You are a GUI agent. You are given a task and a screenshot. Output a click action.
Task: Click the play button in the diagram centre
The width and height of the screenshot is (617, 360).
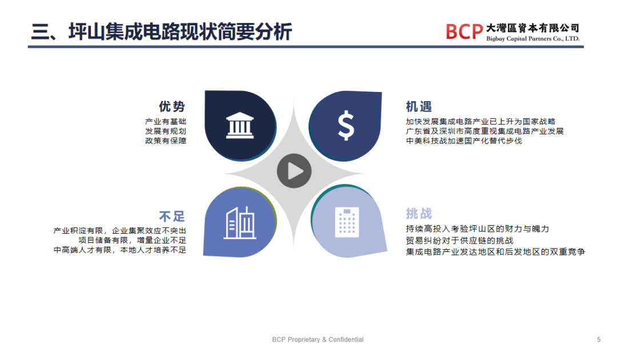tap(294, 171)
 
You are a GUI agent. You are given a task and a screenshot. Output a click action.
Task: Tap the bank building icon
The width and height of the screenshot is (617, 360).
tap(240, 125)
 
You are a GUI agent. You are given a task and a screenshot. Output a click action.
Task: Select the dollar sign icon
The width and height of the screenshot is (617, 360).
tap(346, 126)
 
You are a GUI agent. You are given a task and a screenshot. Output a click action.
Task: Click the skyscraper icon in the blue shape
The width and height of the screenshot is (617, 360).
tap(240, 222)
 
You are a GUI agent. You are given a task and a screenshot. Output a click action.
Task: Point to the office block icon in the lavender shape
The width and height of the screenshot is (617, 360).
tap(346, 222)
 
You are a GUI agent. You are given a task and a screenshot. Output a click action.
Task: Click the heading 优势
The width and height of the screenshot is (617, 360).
tap(172, 107)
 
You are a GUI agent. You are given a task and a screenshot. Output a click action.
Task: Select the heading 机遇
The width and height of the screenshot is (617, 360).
tap(419, 107)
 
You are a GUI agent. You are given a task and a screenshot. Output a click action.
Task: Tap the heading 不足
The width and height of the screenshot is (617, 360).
tap(172, 217)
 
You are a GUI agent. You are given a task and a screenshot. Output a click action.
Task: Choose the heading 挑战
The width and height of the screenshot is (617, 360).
tap(419, 214)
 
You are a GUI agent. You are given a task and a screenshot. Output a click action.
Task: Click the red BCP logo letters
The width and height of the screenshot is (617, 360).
tap(464, 31)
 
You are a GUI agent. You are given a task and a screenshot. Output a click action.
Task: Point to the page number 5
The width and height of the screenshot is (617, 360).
tap(599, 339)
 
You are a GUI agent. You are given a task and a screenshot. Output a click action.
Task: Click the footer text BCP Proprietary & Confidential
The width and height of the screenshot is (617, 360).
tap(318, 339)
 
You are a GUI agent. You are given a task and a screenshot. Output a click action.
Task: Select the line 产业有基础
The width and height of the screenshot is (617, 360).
tap(166, 122)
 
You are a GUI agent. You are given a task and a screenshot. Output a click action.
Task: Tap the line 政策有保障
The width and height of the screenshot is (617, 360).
tap(166, 141)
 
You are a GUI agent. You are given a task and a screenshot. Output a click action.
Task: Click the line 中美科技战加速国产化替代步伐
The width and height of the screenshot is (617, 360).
tap(464, 141)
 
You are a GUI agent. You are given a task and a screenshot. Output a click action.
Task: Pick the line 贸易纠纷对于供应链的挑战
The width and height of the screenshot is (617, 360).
tap(460, 241)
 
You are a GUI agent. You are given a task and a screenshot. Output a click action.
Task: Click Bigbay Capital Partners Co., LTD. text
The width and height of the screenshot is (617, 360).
tap(532, 39)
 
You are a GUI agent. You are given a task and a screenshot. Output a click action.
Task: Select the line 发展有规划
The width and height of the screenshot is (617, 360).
tap(166, 131)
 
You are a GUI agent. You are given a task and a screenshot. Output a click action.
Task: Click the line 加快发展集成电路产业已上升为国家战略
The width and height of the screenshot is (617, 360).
tap(480, 122)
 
